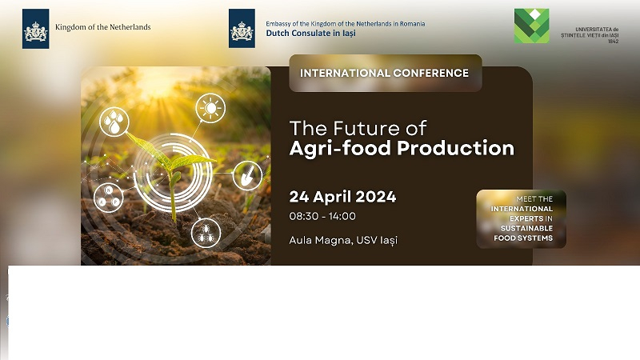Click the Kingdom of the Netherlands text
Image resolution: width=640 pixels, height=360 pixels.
(x=103, y=27)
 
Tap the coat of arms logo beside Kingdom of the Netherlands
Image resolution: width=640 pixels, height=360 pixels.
(x=35, y=29)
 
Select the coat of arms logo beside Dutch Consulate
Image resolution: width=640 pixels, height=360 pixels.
(x=242, y=29)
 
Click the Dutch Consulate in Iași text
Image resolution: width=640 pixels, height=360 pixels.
(x=310, y=33)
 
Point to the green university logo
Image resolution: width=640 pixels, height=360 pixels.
(x=531, y=26)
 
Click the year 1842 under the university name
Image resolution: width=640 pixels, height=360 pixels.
(x=613, y=42)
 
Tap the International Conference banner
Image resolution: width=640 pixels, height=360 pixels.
(x=386, y=73)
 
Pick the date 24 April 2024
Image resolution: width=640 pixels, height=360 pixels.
(x=343, y=197)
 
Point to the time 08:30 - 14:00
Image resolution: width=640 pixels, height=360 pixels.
(x=322, y=216)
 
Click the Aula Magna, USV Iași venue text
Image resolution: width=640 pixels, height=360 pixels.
(x=343, y=241)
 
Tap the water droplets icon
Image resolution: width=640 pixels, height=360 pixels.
(x=114, y=122)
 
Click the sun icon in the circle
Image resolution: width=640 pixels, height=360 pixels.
(x=210, y=108)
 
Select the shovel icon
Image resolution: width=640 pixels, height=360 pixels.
(x=247, y=176)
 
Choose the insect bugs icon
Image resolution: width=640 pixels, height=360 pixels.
(x=206, y=233)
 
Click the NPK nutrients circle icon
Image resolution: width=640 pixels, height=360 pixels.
(x=109, y=198)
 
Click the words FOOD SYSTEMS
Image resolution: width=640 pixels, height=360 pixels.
(x=523, y=238)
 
